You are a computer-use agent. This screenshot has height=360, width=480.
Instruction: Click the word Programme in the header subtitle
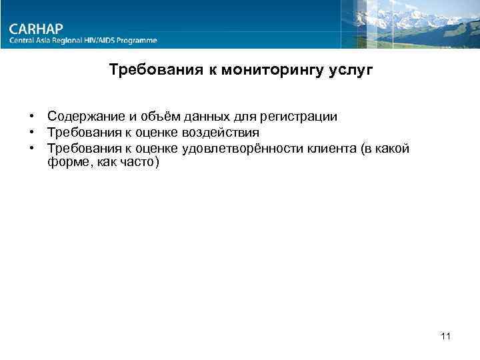tap(137, 41)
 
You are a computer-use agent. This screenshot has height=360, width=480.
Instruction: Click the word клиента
tap(333, 148)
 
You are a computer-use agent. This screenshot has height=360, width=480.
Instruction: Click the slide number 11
tap(446, 336)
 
